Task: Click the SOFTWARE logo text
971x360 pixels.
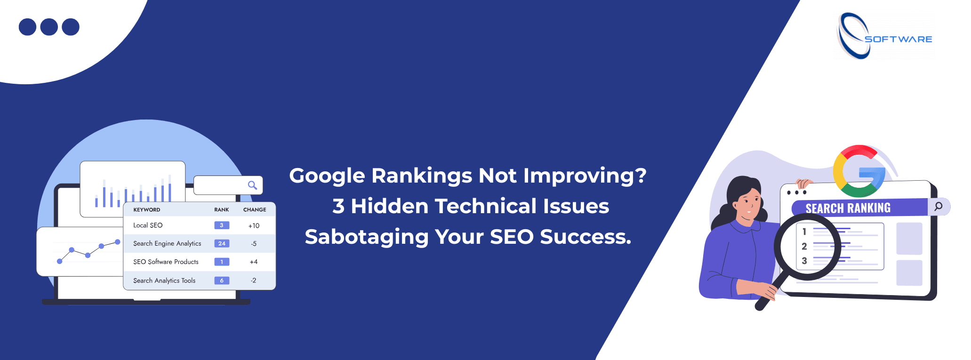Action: [x=898, y=39]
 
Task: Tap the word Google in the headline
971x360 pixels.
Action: [x=327, y=176]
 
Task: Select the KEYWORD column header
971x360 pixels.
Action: [x=147, y=210]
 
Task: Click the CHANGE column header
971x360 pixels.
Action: [x=255, y=210]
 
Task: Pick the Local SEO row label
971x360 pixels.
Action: [x=148, y=225]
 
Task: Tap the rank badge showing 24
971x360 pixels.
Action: [x=222, y=243]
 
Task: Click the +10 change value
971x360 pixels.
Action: [x=254, y=226]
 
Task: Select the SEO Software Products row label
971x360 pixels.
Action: [x=166, y=262]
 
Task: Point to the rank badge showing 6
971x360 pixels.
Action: [x=222, y=280]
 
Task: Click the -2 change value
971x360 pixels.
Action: [x=254, y=280]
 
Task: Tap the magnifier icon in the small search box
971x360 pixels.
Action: [x=253, y=185]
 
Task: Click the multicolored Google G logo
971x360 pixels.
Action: [x=859, y=171]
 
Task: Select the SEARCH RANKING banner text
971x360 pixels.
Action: [x=848, y=208]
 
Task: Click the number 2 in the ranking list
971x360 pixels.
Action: [x=804, y=246]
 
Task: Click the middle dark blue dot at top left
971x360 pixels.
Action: [x=49, y=27]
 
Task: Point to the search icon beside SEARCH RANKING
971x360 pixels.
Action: [x=939, y=206]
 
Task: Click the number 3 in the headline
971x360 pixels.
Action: [x=338, y=207]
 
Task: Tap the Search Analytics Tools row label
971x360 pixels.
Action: [x=164, y=280]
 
